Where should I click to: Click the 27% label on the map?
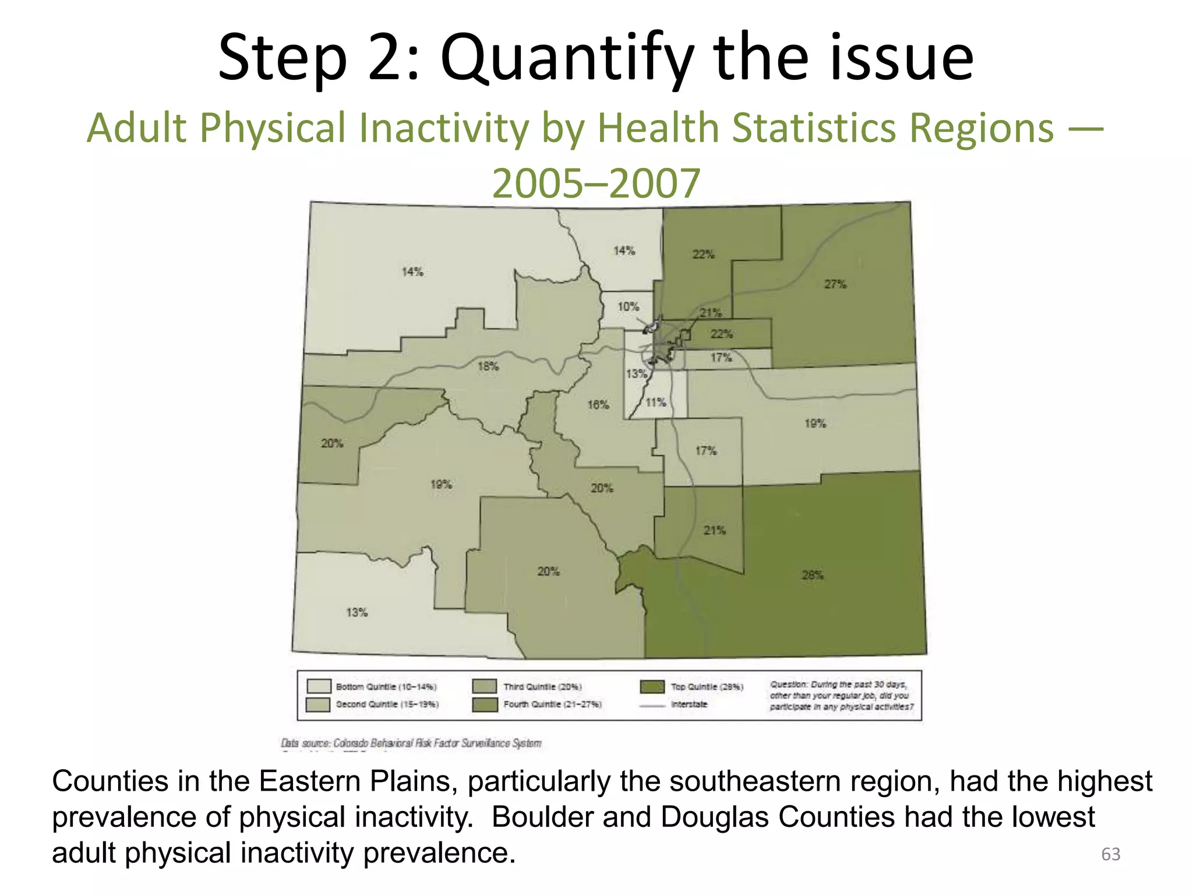coord(835,284)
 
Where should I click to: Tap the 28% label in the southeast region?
coord(812,575)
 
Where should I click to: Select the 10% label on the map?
coord(628,306)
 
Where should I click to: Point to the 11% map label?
coord(655,402)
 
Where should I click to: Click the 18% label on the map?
coord(488,366)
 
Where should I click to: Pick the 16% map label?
coord(598,404)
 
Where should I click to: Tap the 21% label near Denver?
coord(710,313)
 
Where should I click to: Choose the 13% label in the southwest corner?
coord(357,612)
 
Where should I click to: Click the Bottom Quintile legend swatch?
coord(319,686)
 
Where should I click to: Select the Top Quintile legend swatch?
coord(652,686)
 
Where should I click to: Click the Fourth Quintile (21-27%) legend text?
coord(552,704)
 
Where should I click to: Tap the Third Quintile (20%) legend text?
coord(542,687)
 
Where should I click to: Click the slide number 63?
coord(1110,854)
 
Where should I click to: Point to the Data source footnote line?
coord(411,743)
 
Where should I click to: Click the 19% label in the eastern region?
coord(815,424)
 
